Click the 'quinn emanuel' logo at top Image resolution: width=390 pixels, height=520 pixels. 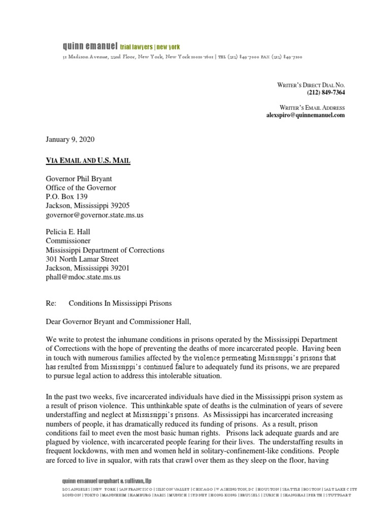[x=89, y=46]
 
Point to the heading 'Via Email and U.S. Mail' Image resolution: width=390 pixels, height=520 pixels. [x=87, y=160]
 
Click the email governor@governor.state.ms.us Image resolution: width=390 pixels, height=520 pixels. [x=95, y=215]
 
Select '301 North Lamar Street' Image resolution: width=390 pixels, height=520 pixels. [x=82, y=259]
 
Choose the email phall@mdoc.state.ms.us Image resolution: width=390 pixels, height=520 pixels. [x=83, y=277]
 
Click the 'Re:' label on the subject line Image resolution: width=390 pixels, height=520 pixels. [x=52, y=303]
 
